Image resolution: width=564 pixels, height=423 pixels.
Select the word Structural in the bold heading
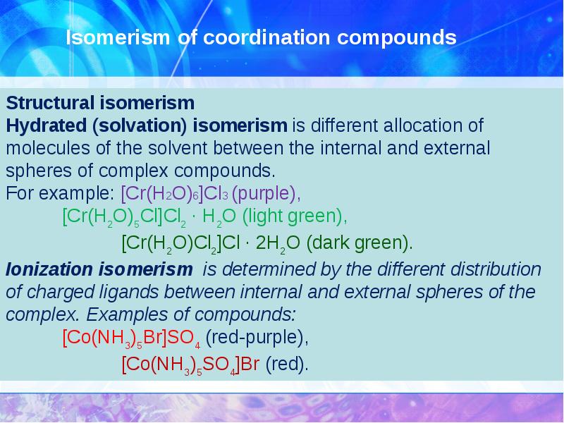pos(42,104)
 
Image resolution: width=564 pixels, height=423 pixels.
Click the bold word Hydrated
pos(43,126)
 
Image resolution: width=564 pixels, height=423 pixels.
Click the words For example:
pos(61,193)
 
